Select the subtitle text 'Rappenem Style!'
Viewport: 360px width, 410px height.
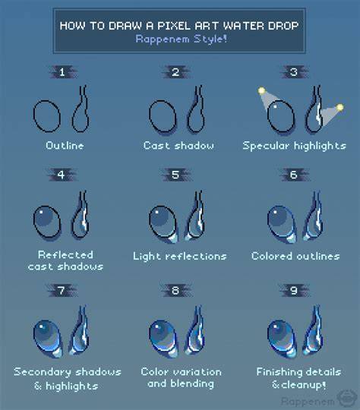[x=181, y=39]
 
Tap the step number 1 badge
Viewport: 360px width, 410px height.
[x=63, y=72]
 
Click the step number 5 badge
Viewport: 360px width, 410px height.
[x=176, y=175]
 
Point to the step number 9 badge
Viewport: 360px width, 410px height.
[x=294, y=291]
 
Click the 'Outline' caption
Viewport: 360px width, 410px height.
[x=65, y=145]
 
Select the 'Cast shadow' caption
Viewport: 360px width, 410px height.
[x=178, y=145]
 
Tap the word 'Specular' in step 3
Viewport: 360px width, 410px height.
[x=266, y=146]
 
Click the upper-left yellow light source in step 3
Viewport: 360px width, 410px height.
[x=261, y=91]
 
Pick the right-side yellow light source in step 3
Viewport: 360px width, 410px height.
[x=339, y=107]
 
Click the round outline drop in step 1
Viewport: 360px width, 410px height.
[x=47, y=116]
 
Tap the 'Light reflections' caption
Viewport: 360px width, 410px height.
[x=180, y=257]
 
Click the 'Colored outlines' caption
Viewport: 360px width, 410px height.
[x=295, y=257]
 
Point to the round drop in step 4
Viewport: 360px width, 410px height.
[x=47, y=222]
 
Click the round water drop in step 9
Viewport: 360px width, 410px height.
[x=282, y=339]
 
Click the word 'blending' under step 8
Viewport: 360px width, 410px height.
[x=192, y=384]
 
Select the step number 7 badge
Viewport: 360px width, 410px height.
[x=62, y=291]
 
